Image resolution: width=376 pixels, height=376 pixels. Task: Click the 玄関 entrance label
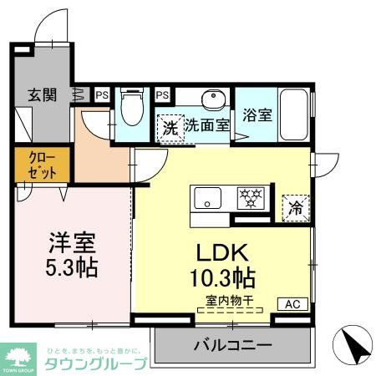pyautogui.click(x=41, y=94)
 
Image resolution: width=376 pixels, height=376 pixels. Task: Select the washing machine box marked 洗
pyautogui.click(x=169, y=128)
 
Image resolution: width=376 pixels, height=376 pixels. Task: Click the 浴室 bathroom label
pyautogui.click(x=257, y=115)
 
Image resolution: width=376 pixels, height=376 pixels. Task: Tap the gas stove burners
pyautogui.click(x=251, y=197)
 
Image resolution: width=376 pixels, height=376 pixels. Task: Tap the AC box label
pyautogui.click(x=294, y=304)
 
